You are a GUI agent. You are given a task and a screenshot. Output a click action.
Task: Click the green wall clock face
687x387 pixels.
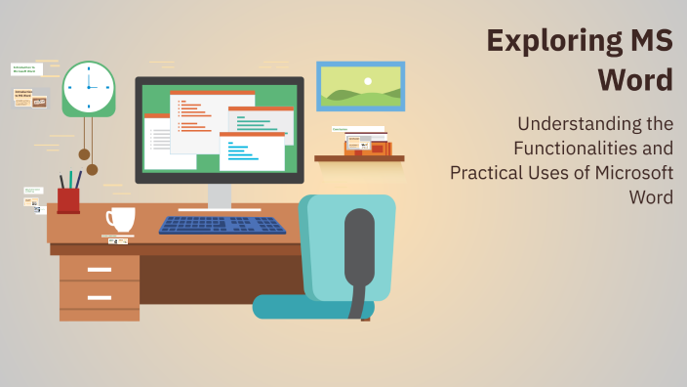tap(89, 87)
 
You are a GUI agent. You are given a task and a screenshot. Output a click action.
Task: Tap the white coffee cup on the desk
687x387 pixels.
tap(119, 219)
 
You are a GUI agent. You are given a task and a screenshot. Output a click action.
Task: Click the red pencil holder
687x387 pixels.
tap(68, 200)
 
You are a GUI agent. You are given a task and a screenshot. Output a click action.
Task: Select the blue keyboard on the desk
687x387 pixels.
tap(222, 225)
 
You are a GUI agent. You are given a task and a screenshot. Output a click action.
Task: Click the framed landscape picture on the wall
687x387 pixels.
tap(360, 86)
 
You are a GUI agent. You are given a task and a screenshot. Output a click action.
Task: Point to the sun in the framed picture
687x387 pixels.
tap(368, 81)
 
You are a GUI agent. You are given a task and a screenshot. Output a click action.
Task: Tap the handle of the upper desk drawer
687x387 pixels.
tap(99, 269)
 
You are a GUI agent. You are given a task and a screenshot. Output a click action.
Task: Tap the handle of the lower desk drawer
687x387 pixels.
tap(99, 297)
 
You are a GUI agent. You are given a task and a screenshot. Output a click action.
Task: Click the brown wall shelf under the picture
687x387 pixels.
tap(359, 157)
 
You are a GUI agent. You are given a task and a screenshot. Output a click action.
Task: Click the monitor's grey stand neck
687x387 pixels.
tap(220, 195)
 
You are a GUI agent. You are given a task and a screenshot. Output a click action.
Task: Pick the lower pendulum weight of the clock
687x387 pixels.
tap(92, 169)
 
